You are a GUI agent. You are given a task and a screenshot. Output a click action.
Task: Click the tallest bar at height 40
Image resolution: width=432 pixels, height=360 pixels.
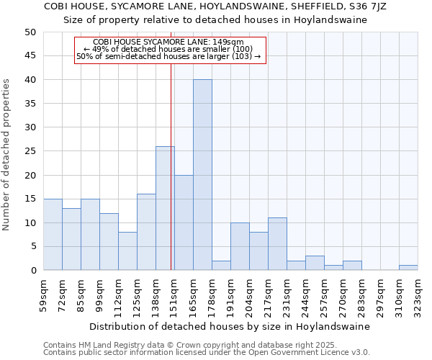pos(202,175)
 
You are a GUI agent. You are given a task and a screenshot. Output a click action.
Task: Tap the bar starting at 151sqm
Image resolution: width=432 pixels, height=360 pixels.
pos(184,222)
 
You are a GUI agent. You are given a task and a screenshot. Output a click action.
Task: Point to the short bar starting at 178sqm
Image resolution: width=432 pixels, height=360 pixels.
pos(221,266)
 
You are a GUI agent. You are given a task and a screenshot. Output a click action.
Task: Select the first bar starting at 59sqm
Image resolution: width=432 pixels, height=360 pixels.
pos(53,235)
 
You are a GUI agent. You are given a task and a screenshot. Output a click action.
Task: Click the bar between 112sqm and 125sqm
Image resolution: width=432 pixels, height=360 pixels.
pos(127,251)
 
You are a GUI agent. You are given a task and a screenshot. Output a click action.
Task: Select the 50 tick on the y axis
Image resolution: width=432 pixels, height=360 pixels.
pos(30,32)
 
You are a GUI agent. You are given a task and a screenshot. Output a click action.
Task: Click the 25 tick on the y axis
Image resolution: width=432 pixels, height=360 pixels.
pos(30,151)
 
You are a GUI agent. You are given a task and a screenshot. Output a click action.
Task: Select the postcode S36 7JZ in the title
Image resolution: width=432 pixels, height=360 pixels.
pos(367,6)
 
